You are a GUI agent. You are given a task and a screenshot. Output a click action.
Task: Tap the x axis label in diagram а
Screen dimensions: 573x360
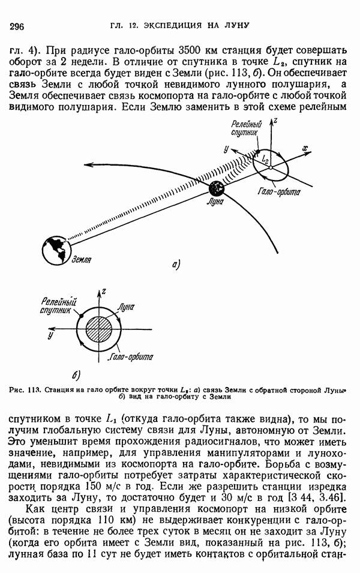point(305,147)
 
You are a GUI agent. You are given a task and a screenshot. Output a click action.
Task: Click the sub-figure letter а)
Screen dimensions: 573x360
point(176,263)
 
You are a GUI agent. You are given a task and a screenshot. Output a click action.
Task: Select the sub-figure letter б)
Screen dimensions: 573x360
point(76,376)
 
